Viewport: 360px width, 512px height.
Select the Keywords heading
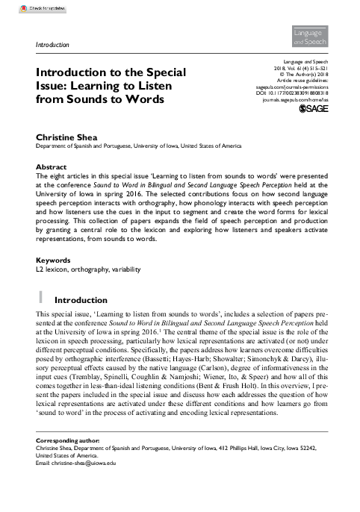54,260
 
